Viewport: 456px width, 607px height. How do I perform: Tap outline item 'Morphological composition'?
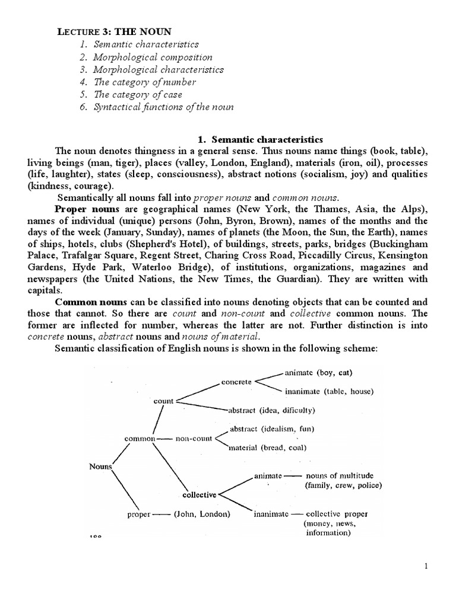153,57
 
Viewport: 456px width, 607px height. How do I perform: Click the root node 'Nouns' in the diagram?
100,467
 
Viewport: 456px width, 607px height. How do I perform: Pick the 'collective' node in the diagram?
199,494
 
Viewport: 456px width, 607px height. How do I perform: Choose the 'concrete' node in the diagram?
236,382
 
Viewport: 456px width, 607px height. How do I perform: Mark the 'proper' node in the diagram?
140,514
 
